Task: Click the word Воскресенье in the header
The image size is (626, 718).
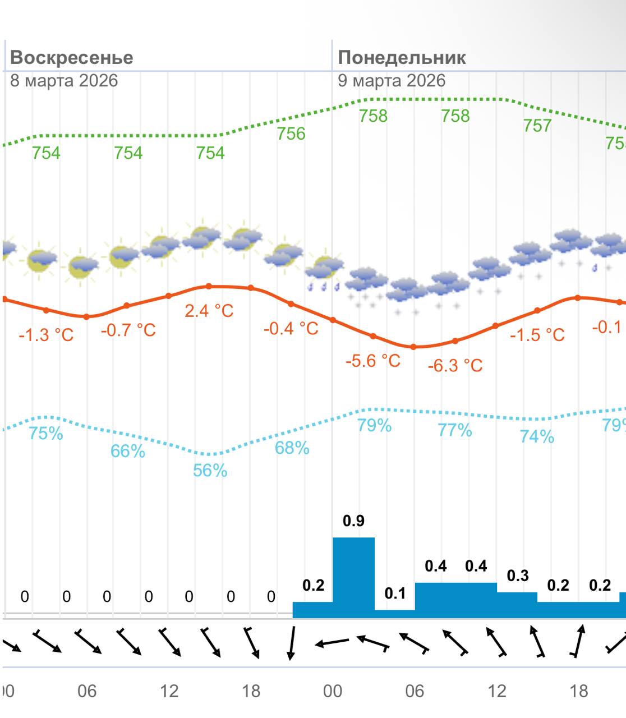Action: click(72, 58)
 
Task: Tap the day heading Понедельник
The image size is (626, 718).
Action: click(402, 58)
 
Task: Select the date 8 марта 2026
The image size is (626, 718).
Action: click(64, 81)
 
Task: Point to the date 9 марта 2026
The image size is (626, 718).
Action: click(392, 81)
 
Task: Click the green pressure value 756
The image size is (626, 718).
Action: click(291, 134)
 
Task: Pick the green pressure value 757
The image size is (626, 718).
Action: click(537, 126)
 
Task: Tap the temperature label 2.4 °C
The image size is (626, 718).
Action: click(209, 311)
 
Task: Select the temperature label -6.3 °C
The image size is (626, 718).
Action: click(455, 366)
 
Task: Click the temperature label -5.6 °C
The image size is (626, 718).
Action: click(373, 361)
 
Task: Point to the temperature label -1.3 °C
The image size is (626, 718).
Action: click(46, 335)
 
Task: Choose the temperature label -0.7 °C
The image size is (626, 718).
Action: click(128, 330)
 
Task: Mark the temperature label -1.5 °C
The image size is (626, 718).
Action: click(537, 335)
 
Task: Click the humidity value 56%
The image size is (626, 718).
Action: click(210, 470)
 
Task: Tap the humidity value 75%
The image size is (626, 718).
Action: click(46, 434)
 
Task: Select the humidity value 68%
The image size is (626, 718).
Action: click(292, 448)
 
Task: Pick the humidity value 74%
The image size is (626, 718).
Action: click(537, 436)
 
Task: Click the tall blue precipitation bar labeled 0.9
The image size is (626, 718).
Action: click(353, 578)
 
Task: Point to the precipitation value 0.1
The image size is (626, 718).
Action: click(395, 593)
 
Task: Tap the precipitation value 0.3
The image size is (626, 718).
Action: click(518, 576)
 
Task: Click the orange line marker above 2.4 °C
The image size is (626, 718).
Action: click(209, 286)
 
